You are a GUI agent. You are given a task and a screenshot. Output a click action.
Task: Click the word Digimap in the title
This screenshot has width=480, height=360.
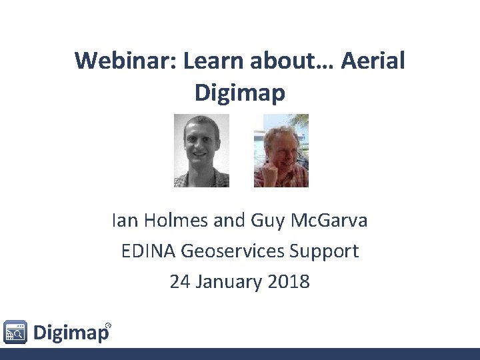pyautogui.click(x=240, y=93)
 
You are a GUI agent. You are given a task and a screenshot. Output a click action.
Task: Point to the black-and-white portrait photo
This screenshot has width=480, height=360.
pyautogui.click(x=201, y=150)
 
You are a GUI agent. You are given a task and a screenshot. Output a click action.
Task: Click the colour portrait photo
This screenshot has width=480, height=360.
pyautogui.click(x=281, y=150)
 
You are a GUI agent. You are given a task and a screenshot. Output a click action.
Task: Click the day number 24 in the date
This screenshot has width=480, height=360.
pyautogui.click(x=179, y=281)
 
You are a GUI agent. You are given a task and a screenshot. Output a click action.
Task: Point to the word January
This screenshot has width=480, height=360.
pyautogui.click(x=228, y=281)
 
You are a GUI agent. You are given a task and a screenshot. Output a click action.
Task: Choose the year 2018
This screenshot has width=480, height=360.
pyautogui.click(x=288, y=281)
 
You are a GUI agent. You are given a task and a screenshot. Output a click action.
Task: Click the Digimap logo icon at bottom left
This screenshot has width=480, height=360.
pyautogui.click(x=15, y=331)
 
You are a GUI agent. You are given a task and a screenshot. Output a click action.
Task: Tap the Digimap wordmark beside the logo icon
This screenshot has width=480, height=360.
pyautogui.click(x=70, y=332)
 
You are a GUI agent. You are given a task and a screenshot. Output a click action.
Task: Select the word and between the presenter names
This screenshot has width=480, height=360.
pyautogui.click(x=231, y=221)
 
